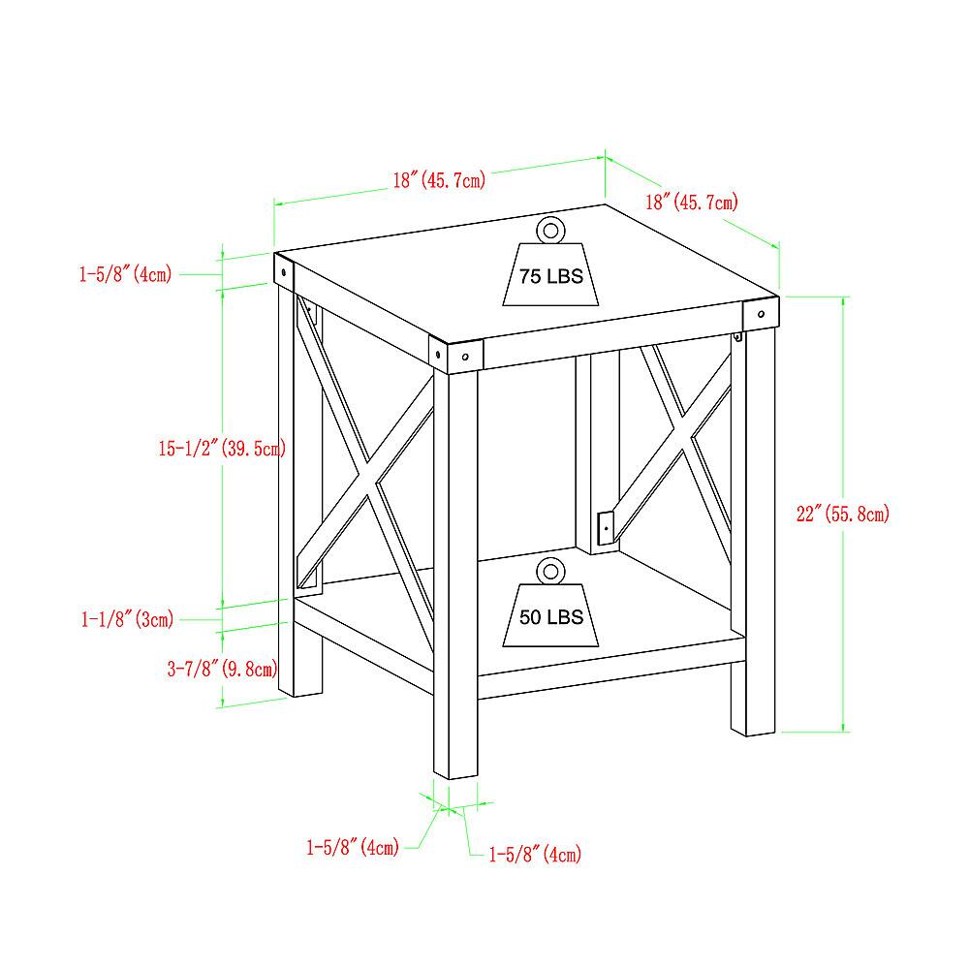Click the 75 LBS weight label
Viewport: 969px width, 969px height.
click(x=550, y=275)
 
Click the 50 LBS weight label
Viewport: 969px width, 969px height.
click(x=550, y=616)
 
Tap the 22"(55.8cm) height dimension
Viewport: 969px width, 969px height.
click(x=842, y=513)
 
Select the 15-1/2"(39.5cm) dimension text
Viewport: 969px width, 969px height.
click(x=222, y=448)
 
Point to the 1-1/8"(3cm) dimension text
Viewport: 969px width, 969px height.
click(x=127, y=618)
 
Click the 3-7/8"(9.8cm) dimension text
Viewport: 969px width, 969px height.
click(x=222, y=668)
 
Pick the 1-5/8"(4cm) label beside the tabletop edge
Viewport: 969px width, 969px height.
click(x=125, y=274)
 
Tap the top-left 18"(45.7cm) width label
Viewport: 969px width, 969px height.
click(x=439, y=180)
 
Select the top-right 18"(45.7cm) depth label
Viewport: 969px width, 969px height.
click(x=692, y=202)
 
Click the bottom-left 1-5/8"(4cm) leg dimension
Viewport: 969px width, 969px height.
click(x=353, y=847)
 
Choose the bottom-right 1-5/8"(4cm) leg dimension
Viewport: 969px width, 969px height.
click(x=535, y=854)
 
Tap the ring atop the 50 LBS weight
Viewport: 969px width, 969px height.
click(x=550, y=571)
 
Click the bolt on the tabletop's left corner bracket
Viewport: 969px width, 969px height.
click(x=284, y=271)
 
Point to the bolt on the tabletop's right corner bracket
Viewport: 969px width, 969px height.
click(x=761, y=314)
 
